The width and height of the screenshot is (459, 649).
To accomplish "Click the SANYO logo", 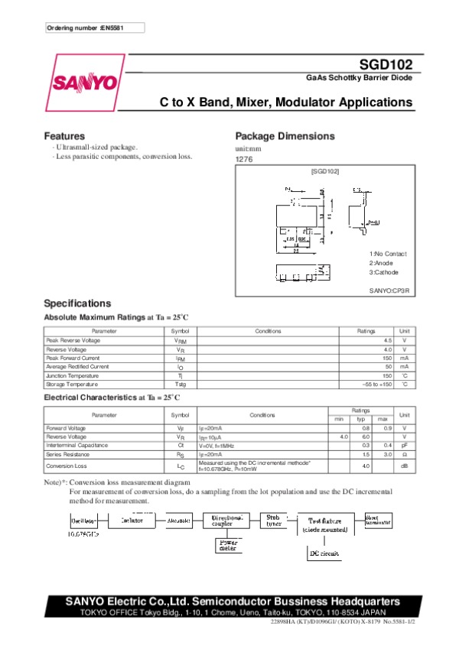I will [84, 83].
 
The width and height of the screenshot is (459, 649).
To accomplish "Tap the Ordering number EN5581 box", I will [93, 28].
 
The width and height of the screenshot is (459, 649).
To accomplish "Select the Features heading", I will [64, 136].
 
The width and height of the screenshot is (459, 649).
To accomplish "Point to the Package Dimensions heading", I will [285, 136].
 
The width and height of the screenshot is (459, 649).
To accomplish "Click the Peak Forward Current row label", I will [73, 358].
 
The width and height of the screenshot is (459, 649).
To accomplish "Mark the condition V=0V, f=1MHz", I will [218, 445].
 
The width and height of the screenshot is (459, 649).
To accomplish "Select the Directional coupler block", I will [227, 520].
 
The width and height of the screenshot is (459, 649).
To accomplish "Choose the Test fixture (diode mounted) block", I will [325, 523].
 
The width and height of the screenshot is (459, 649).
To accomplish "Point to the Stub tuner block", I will [273, 519].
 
